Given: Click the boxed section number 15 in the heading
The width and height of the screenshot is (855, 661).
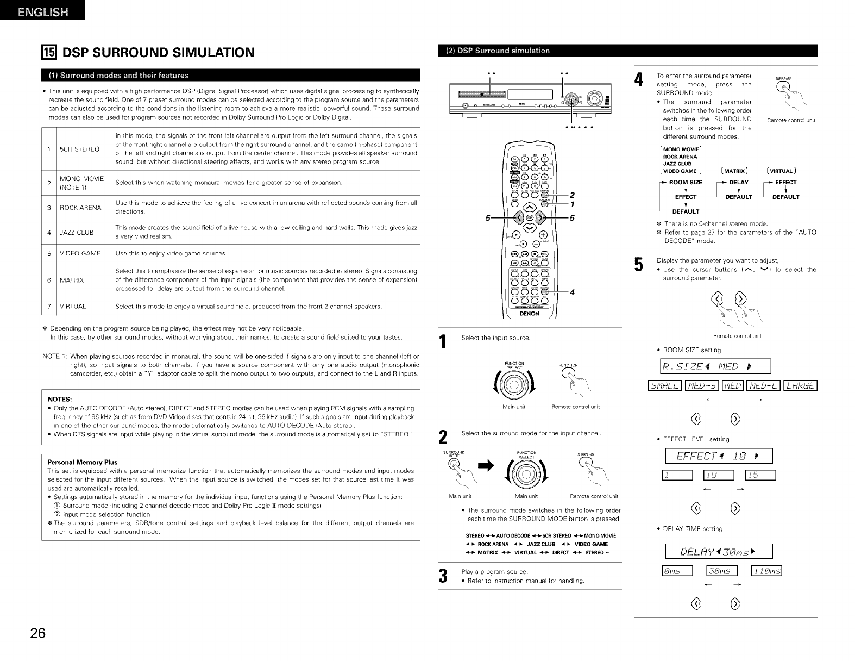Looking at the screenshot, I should coord(49,53).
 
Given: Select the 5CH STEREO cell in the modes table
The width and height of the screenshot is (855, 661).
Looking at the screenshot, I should coord(79,148).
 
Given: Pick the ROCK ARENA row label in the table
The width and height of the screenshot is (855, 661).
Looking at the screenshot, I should coord(80,207).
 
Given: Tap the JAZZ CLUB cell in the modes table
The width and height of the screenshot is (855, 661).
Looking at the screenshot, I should coord(77,232).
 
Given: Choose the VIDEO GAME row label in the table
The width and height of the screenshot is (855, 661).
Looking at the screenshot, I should coord(80,253).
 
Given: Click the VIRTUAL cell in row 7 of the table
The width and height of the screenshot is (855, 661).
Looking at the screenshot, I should coord(73,306).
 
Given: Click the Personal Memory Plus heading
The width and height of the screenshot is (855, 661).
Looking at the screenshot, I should coord(83,462).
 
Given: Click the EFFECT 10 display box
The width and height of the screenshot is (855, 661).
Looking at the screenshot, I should coord(719,456).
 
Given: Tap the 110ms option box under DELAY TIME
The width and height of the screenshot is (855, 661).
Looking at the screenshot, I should coord(765,570).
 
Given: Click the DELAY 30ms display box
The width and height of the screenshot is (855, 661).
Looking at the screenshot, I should coord(719,552).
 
